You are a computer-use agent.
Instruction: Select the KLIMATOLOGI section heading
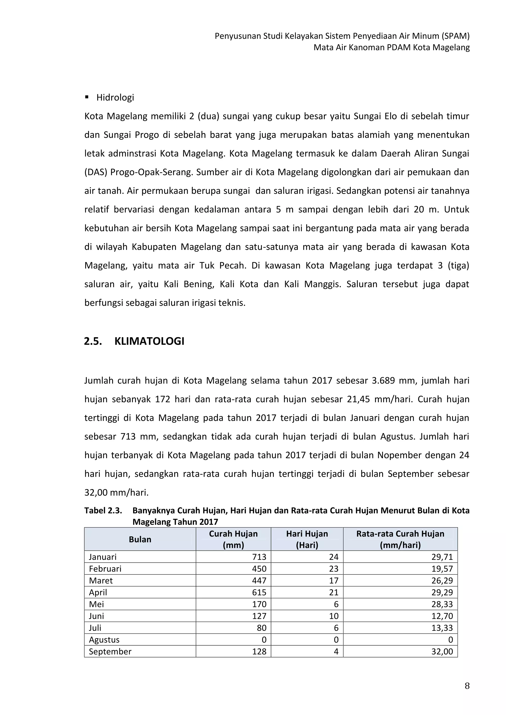pos(149,341)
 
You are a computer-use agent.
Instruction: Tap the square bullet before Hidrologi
pos(87,98)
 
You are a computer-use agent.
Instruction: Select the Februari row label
pos(105,569)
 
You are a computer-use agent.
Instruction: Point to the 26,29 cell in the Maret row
pos(442,580)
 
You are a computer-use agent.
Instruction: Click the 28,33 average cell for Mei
pos(442,604)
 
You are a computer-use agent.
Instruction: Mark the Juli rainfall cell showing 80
pos(261,628)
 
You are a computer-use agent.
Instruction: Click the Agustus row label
pos(104,640)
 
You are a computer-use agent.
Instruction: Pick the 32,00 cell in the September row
pos(442,652)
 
